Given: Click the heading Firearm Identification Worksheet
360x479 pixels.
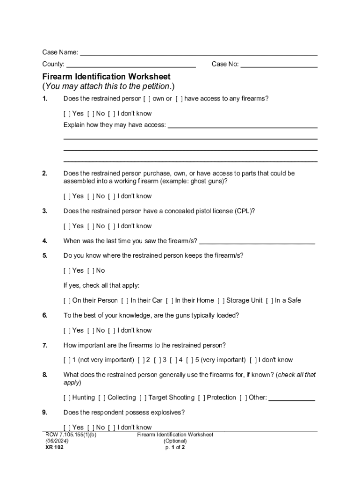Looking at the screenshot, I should tap(107, 76).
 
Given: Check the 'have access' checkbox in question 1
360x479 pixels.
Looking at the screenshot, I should tap(179, 99).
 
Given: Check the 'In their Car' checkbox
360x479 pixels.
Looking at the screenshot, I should tap(125, 301).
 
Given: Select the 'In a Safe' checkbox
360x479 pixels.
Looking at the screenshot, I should tap(269, 301).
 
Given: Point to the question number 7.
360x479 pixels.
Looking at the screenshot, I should tap(45, 346).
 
